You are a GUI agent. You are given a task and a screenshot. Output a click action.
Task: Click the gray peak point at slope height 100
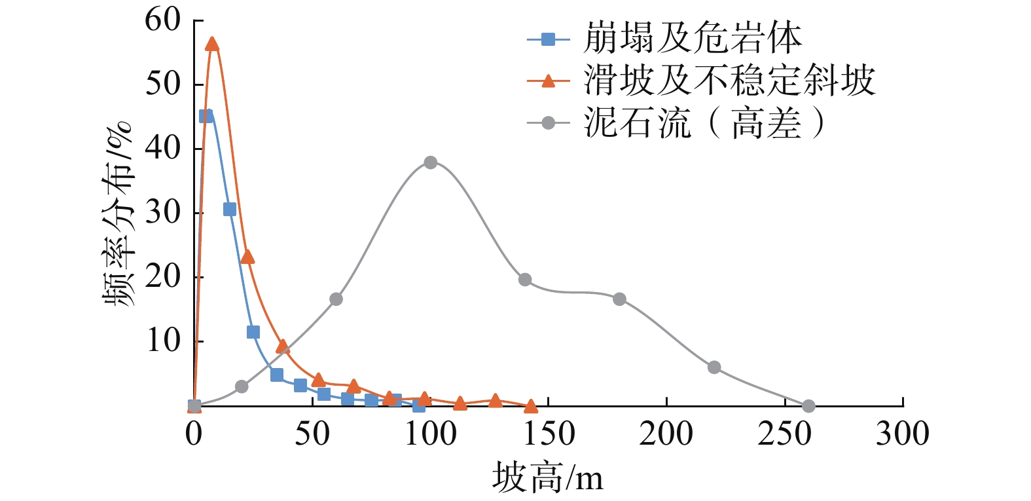pyautogui.click(x=430, y=162)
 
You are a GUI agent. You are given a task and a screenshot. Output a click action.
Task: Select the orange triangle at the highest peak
pyautogui.click(x=211, y=45)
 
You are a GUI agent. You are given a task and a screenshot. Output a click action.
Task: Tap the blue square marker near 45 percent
pyautogui.click(x=206, y=116)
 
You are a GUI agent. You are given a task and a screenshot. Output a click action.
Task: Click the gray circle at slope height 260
pyautogui.click(x=808, y=406)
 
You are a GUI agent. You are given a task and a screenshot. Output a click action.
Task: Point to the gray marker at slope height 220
pyautogui.click(x=714, y=367)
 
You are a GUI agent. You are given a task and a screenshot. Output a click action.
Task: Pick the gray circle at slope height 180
pyautogui.click(x=619, y=299)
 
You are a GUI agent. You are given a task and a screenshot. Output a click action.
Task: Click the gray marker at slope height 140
pyautogui.click(x=525, y=280)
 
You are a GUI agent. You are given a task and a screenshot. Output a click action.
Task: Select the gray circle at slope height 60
pyautogui.click(x=336, y=299)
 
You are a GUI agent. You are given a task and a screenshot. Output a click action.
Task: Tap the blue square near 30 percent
pyautogui.click(x=229, y=210)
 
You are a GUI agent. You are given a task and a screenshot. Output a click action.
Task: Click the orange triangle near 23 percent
pyautogui.click(x=247, y=257)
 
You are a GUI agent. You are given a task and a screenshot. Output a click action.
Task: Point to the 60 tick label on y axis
pyautogui.click(x=162, y=20)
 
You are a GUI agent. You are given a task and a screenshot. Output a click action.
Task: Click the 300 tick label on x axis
pyautogui.click(x=903, y=434)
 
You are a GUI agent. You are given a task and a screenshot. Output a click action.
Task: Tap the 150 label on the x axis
pyautogui.click(x=548, y=434)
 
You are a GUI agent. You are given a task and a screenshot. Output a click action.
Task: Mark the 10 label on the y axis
pyautogui.click(x=162, y=341)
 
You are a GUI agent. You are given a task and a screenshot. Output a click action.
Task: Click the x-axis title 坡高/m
pyautogui.click(x=548, y=477)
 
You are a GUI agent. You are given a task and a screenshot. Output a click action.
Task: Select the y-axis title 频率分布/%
pyautogui.click(x=118, y=213)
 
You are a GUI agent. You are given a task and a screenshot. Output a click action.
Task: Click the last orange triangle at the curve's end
pyautogui.click(x=530, y=407)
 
